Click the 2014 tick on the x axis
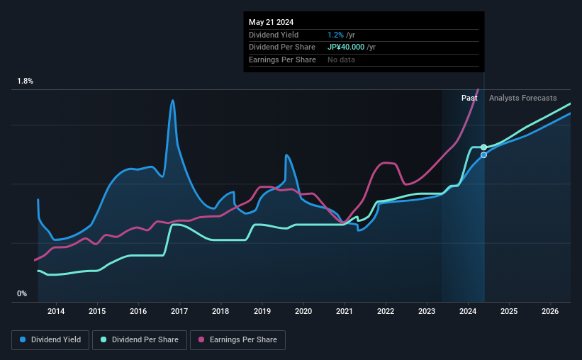(x=56, y=311)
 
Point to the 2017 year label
(x=179, y=311)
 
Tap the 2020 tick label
(x=303, y=311)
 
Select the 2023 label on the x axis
(x=427, y=311)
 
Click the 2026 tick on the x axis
(x=550, y=311)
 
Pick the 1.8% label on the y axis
(x=25, y=81)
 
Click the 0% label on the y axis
(x=22, y=293)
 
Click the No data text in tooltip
(x=341, y=60)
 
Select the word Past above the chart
(x=469, y=98)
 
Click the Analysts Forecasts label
(x=522, y=98)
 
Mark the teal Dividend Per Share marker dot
(x=483, y=147)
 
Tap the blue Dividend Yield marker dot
(x=483, y=154)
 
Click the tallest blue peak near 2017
(x=172, y=101)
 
